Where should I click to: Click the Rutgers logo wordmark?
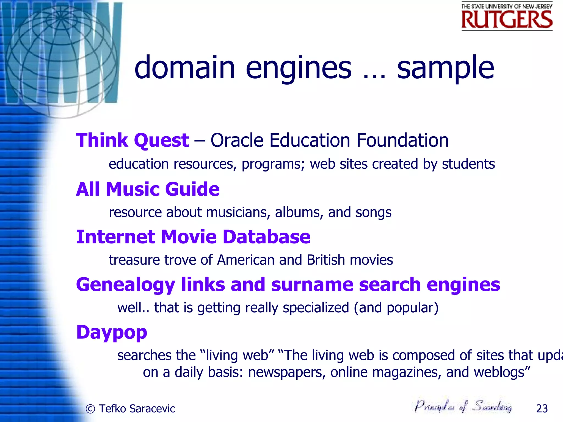point(507,19)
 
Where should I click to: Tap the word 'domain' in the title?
point(184,68)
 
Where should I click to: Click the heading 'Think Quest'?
point(132,140)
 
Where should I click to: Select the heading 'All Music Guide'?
point(148,189)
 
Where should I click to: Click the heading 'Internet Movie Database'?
point(193,237)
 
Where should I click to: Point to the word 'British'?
point(326,260)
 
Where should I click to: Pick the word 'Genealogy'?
point(126,285)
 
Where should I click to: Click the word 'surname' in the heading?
point(312,284)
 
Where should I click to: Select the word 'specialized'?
point(316,308)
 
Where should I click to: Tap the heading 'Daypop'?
point(112,332)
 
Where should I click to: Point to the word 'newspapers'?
point(287,373)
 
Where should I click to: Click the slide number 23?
point(542,409)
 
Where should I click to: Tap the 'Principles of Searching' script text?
point(463,406)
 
